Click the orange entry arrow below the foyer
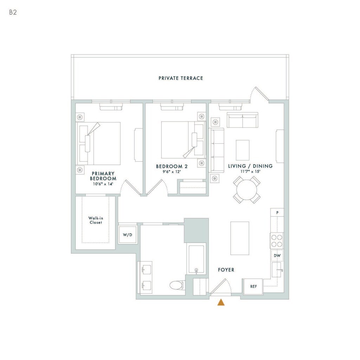point(221,302)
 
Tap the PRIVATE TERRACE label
point(181,78)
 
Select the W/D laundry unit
point(127,234)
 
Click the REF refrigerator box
point(253,287)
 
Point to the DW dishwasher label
point(277,256)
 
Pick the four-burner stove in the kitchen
point(277,240)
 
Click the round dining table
point(247,190)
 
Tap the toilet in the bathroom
point(177,285)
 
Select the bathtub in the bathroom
point(196,259)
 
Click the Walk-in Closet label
point(96,220)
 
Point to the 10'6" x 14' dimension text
point(103,184)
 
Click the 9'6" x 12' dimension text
point(172,172)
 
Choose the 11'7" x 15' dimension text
point(250,171)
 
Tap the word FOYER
point(226,270)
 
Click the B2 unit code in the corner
point(13,12)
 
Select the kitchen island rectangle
point(240,238)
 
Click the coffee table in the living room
point(243,150)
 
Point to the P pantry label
point(277,213)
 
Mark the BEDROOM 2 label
point(172,166)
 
